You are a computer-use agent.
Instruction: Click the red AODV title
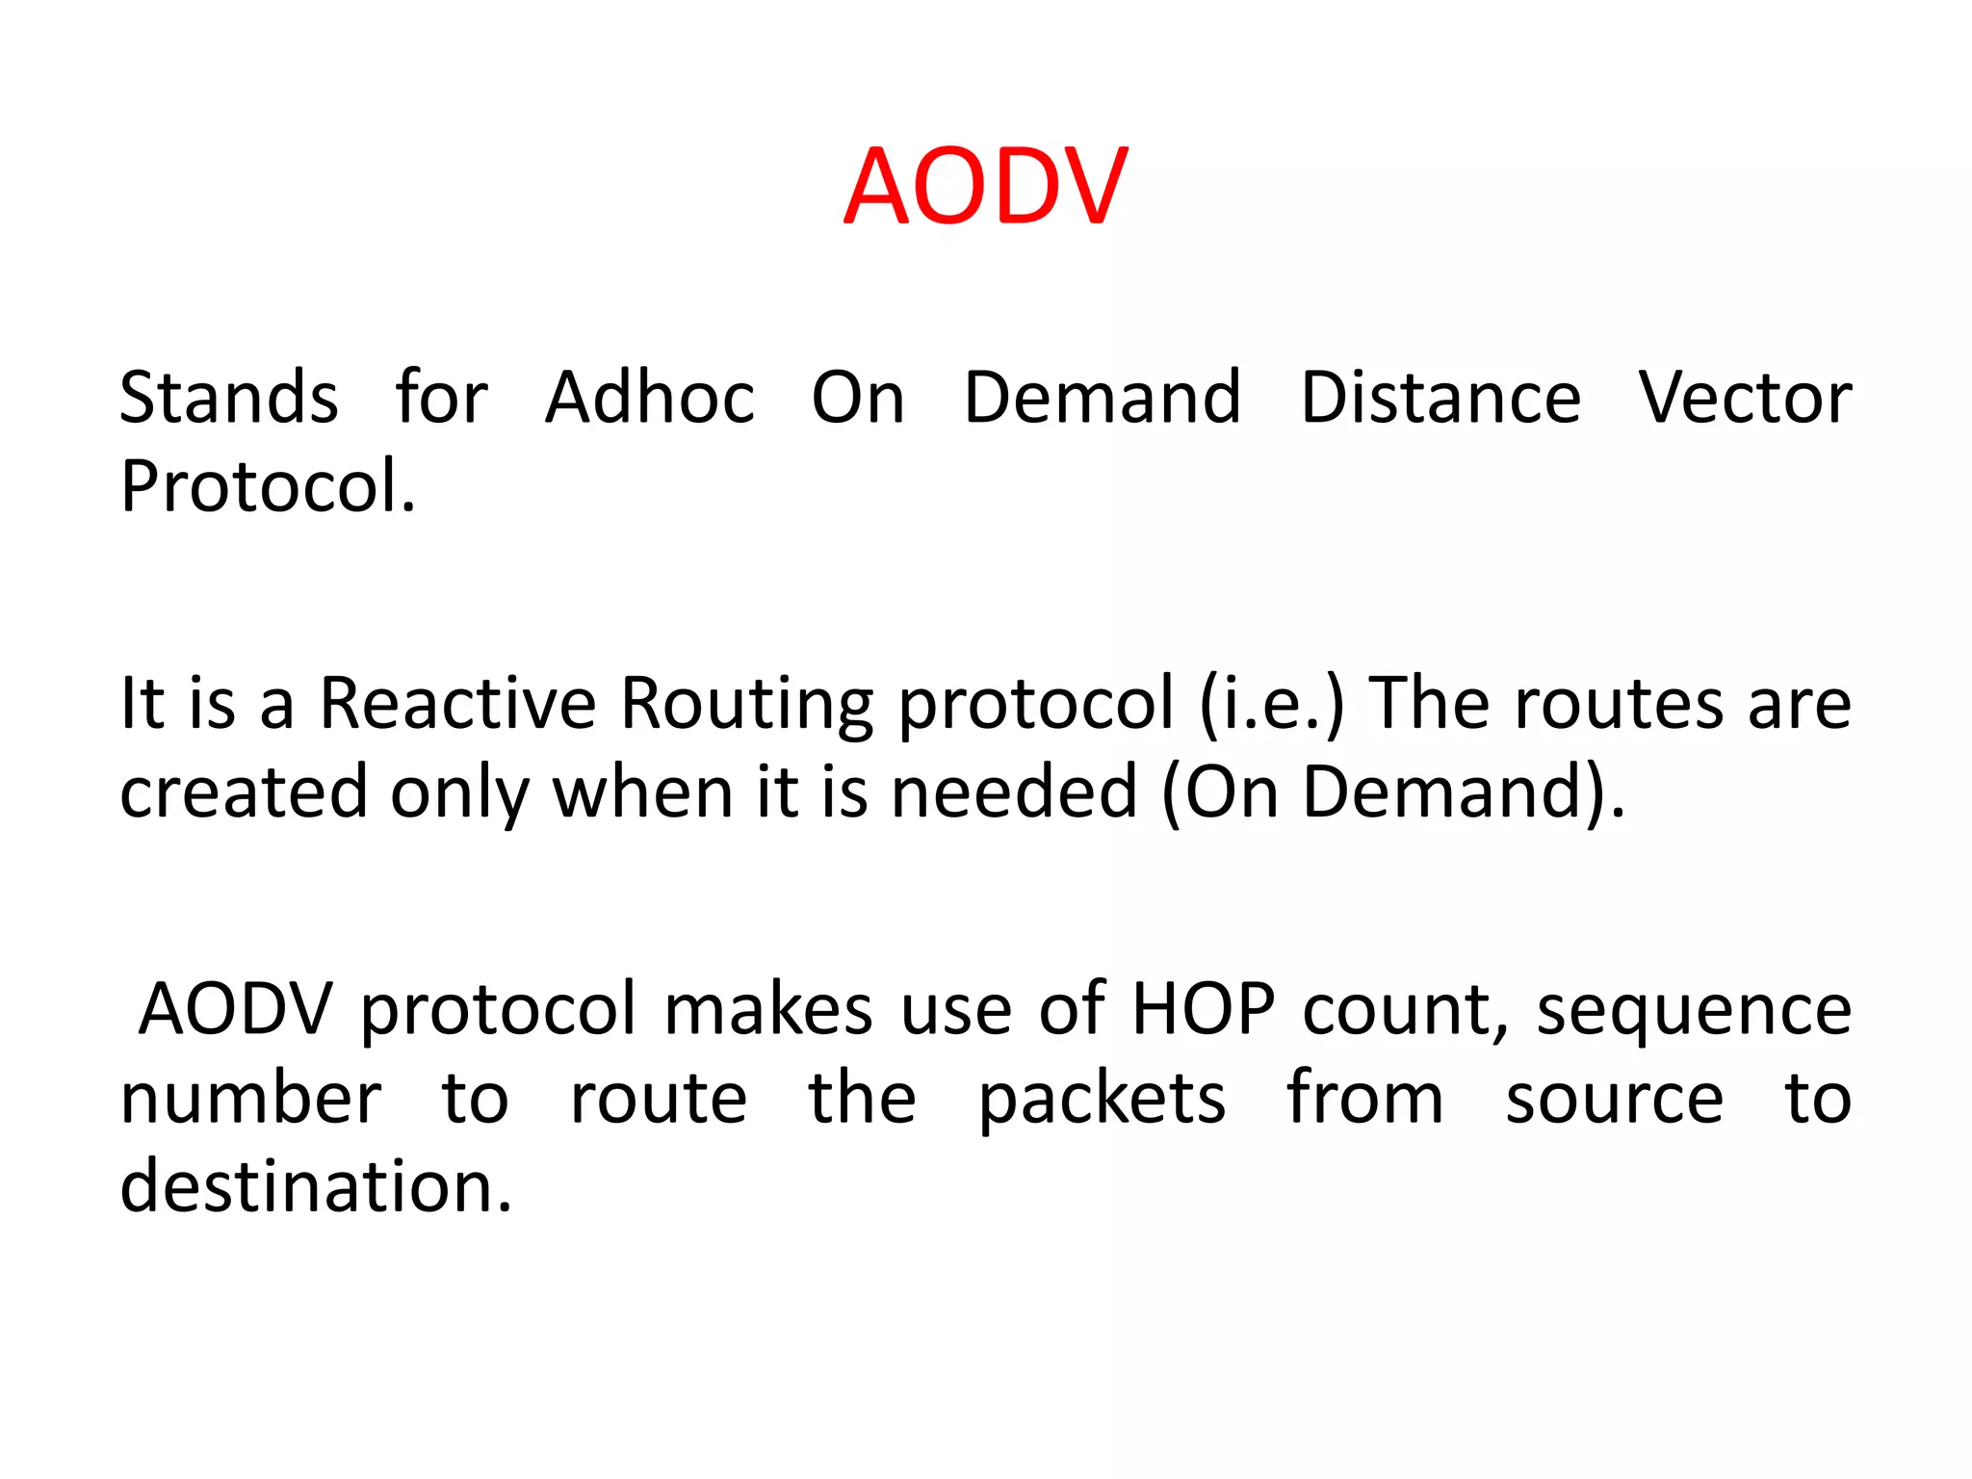(985, 187)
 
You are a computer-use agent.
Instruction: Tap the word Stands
(229, 398)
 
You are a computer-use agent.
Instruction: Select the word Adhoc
(650, 398)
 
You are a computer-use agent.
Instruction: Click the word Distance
(1440, 398)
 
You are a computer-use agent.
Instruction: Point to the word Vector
(1745, 398)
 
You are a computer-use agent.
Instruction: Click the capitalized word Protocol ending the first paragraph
(267, 486)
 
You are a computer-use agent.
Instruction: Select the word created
(244, 792)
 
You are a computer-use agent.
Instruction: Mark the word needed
(1014, 792)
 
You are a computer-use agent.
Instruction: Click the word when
(643, 792)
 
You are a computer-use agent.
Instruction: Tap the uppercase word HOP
(1204, 1010)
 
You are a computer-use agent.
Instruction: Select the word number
(250, 1099)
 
